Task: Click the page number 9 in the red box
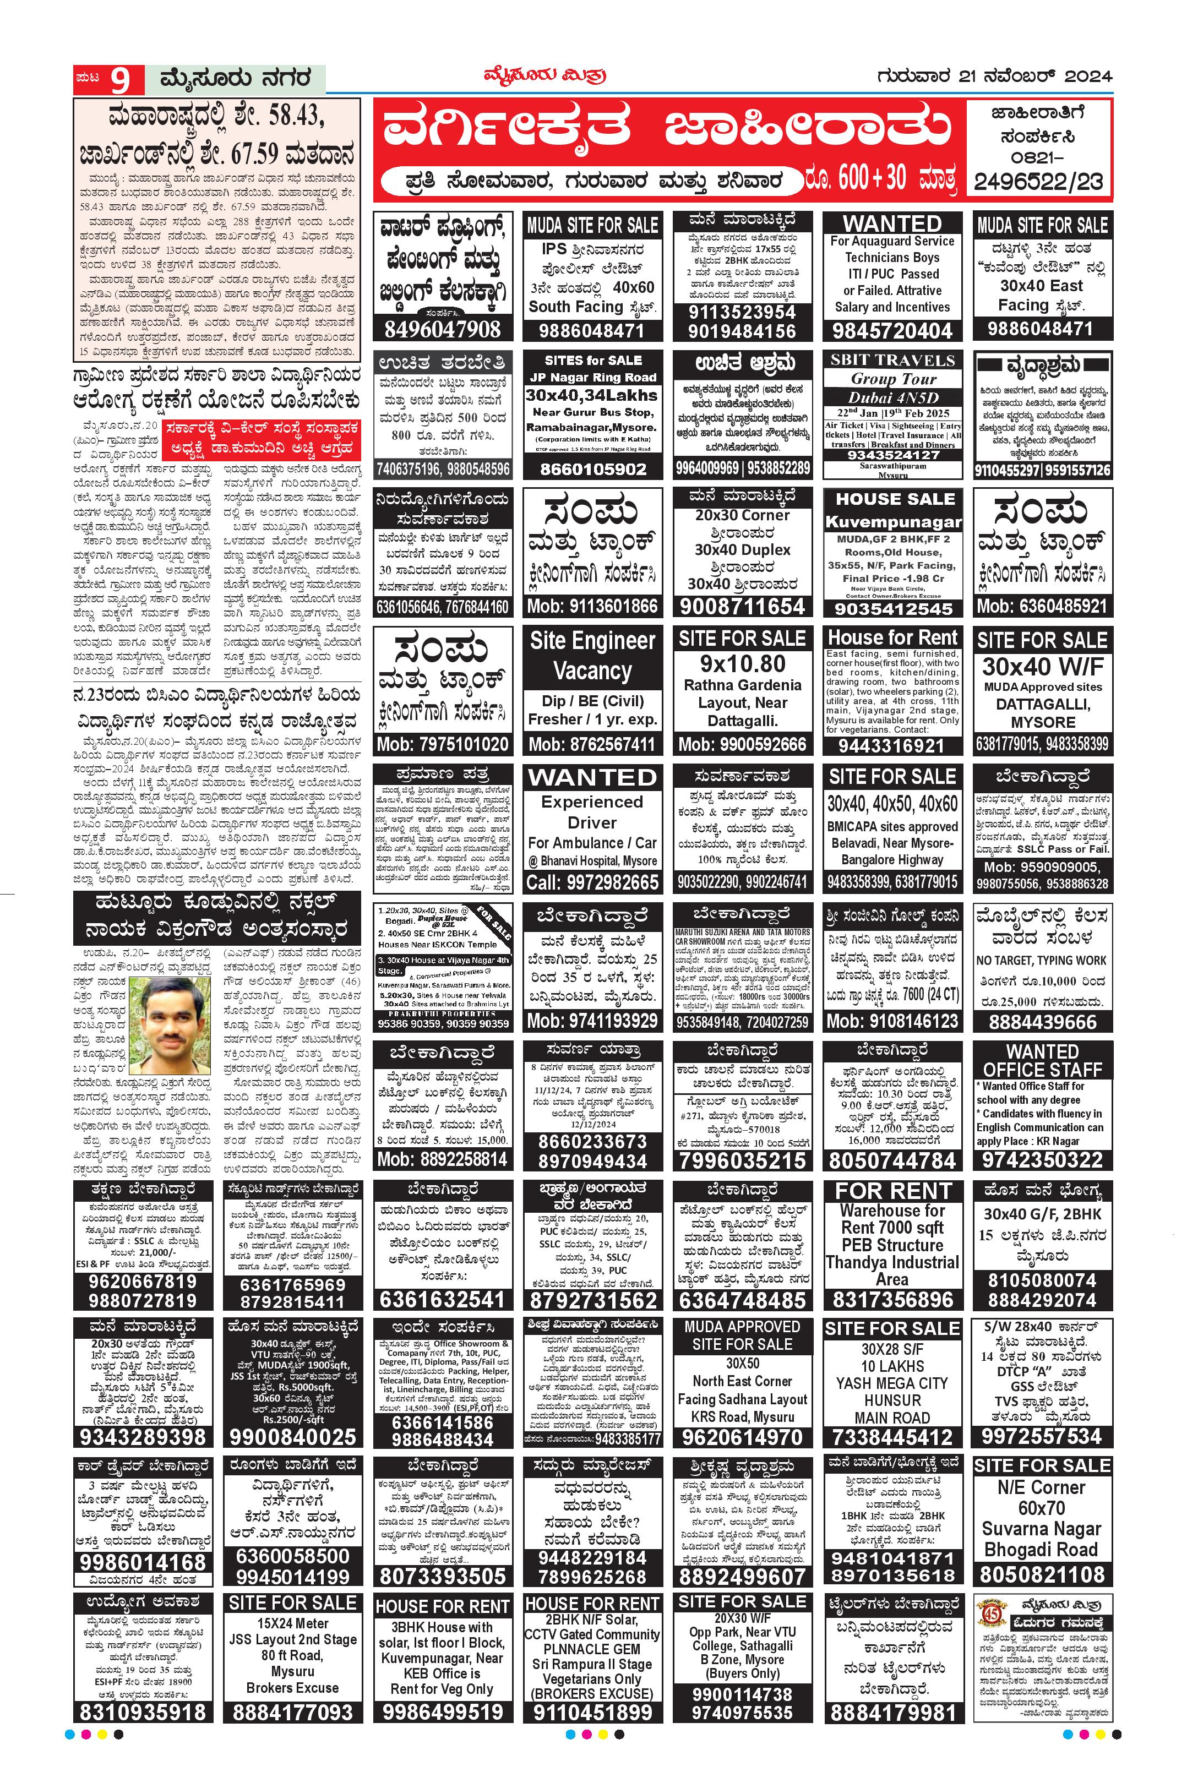tap(121, 79)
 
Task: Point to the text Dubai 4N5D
tap(892, 397)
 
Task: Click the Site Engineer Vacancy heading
tap(592, 656)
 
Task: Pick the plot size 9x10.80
tap(742, 664)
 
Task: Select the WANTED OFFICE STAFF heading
tap(1042, 1061)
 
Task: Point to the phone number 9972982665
tap(592, 882)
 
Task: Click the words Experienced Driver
tap(592, 811)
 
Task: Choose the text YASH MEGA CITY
tap(892, 1383)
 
